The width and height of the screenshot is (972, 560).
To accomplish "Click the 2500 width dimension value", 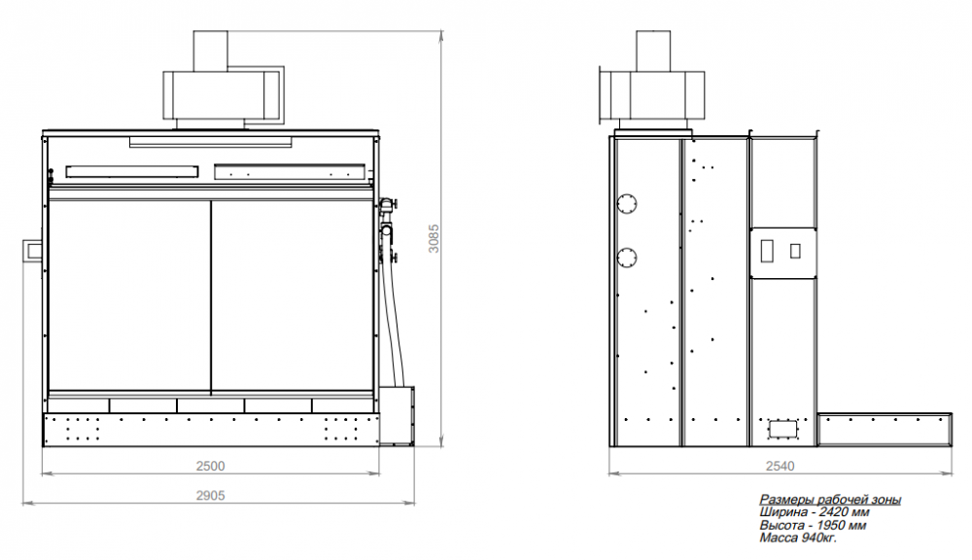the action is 210,467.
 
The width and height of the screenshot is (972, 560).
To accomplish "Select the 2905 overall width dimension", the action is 210,496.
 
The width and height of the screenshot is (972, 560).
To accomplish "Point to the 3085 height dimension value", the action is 434,238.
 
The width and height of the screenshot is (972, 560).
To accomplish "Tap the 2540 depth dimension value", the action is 780,467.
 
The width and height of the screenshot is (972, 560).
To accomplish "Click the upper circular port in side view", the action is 627,203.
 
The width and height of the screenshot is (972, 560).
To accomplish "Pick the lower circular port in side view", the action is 627,258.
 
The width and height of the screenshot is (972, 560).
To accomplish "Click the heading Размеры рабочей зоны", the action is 830,500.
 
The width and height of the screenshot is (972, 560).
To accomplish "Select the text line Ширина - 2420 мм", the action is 814,512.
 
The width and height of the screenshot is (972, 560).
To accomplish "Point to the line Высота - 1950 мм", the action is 813,525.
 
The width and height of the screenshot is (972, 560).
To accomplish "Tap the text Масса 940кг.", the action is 798,538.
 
